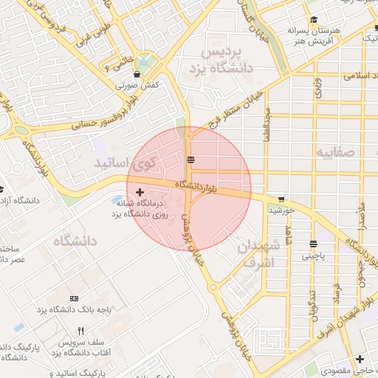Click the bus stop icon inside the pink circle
191,159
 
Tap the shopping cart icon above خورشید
281,199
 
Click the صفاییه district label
336,152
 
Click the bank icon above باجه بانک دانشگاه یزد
73,298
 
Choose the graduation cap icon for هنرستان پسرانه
315,20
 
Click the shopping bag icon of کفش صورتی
137,75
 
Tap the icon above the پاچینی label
314,244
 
